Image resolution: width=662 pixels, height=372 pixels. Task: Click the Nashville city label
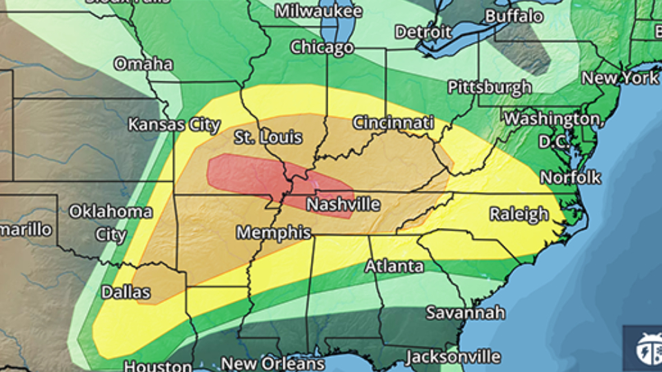[x=343, y=205]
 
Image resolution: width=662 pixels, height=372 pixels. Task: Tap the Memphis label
[x=274, y=233]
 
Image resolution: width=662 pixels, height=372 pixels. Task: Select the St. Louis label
[x=268, y=137]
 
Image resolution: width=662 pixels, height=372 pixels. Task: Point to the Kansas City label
[x=174, y=125]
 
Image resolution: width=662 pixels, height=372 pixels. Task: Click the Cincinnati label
[x=393, y=123]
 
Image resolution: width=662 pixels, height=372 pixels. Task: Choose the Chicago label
[x=321, y=48]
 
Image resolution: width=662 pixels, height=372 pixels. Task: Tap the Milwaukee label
[x=318, y=12]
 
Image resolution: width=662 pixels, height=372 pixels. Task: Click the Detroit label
[x=423, y=32]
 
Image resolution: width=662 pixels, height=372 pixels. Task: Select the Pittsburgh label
[x=490, y=87]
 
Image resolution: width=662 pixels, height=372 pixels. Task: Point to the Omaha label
[x=143, y=64]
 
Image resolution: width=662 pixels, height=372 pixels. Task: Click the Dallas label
[x=126, y=292]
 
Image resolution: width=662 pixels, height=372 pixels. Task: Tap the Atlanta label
[x=394, y=266]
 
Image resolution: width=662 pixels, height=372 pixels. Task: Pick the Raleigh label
[x=519, y=214]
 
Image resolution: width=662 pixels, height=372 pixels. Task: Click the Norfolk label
[x=570, y=177]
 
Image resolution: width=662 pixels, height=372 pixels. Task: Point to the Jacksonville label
[x=452, y=357]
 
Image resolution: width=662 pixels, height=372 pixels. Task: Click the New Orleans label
[x=272, y=363]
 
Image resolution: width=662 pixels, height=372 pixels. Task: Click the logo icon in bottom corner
[x=646, y=347]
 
